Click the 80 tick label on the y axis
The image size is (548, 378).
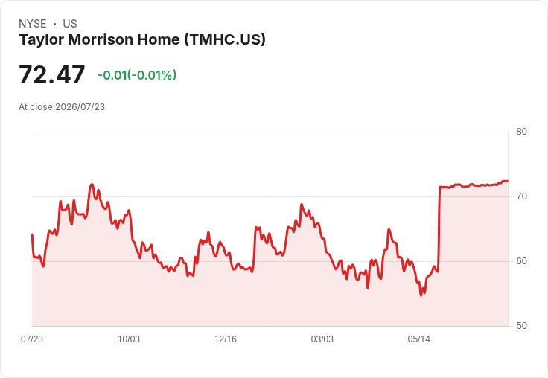[x=521, y=132]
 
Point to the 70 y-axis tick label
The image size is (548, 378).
[x=521, y=196]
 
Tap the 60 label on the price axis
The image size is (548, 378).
[x=521, y=261]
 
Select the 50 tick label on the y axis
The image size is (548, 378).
[x=521, y=326]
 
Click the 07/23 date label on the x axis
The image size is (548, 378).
[x=32, y=339]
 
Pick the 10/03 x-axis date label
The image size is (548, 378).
[x=129, y=339]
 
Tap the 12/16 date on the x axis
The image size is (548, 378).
[x=226, y=339]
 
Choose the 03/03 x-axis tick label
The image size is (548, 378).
[x=322, y=339]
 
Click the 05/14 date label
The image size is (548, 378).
[x=419, y=339]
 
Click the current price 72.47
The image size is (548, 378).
[x=51, y=74]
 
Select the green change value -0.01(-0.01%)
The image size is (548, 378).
[x=137, y=75]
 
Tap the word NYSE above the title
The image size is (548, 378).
[x=33, y=24]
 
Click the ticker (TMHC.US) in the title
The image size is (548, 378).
[x=225, y=39]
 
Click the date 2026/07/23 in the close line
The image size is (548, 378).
[x=80, y=107]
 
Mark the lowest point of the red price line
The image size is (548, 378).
[x=421, y=295]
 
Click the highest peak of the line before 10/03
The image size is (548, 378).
[x=92, y=184]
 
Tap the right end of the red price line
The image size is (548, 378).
[x=508, y=181]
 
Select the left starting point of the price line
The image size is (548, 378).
[x=32, y=234]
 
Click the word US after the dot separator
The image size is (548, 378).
[x=70, y=24]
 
